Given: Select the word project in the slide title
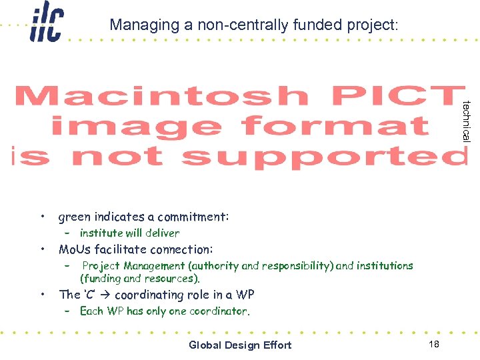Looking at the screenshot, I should (371, 25).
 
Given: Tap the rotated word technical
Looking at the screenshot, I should (467, 121).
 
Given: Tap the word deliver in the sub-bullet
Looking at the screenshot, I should (162, 233).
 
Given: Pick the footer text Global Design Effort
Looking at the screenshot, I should (240, 345).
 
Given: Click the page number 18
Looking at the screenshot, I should (434, 344).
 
